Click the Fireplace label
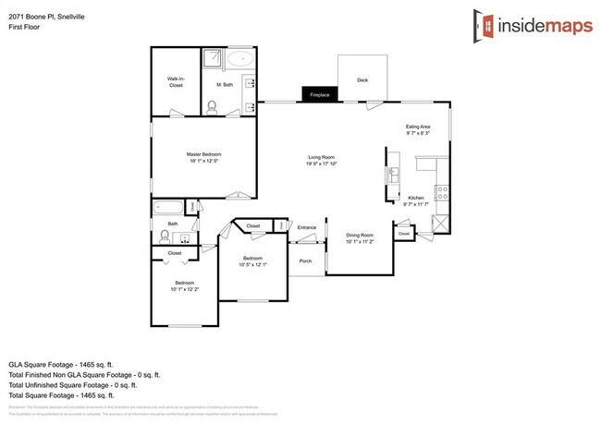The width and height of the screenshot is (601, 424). pyautogui.click(x=320, y=94)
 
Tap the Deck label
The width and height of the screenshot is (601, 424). pyautogui.click(x=362, y=80)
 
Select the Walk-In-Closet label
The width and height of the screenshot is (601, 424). pyautogui.click(x=176, y=82)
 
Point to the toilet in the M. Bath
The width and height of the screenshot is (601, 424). pyautogui.click(x=212, y=107)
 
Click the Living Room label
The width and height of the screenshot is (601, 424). pyautogui.click(x=320, y=158)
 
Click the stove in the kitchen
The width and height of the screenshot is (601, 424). pyautogui.click(x=442, y=194)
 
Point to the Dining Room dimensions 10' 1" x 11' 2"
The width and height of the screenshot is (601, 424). pyautogui.click(x=360, y=241)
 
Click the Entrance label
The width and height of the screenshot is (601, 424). pyautogui.click(x=307, y=226)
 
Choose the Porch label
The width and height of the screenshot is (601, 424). pyautogui.click(x=305, y=260)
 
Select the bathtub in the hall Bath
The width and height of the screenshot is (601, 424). pyautogui.click(x=170, y=207)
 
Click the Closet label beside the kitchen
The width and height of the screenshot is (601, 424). pyautogui.click(x=404, y=234)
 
